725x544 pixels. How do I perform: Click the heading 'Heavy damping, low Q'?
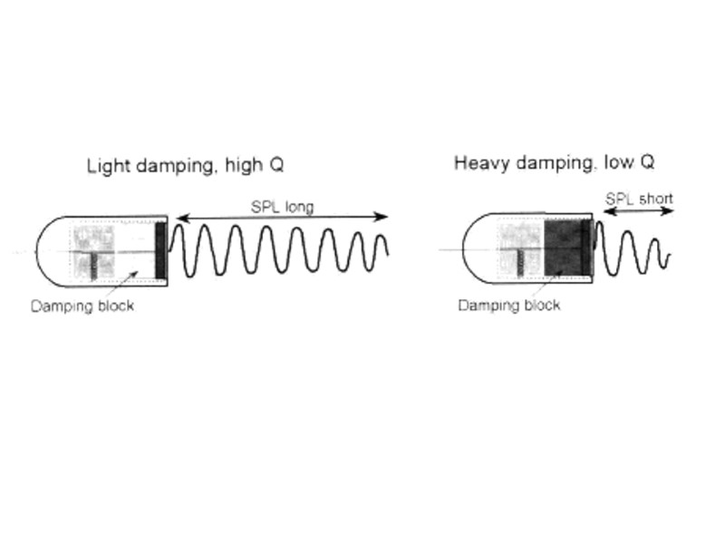click(555, 163)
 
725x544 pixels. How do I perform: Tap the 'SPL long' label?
click(282, 207)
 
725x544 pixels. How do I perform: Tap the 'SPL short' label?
click(639, 199)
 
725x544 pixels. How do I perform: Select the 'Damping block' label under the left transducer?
click(82, 306)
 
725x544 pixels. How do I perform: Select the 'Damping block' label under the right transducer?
click(508, 305)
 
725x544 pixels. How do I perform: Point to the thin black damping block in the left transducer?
click(160, 250)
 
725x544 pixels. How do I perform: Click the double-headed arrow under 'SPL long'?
click(282, 218)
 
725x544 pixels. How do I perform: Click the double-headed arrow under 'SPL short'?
click(638, 211)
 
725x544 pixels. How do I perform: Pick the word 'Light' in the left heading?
click(105, 166)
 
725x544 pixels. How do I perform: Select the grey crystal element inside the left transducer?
click(94, 250)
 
